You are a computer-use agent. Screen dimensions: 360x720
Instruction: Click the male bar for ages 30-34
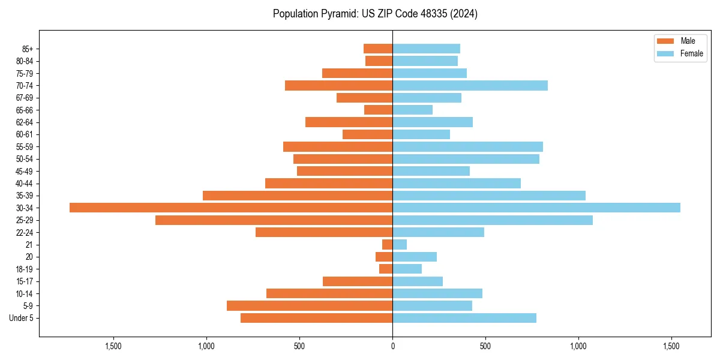pos(231,208)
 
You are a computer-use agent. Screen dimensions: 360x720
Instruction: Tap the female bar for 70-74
pos(470,85)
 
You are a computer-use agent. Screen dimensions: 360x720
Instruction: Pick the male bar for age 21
pos(388,244)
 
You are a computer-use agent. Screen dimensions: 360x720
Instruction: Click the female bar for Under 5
pos(464,318)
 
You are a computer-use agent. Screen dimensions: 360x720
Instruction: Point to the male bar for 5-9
pos(310,305)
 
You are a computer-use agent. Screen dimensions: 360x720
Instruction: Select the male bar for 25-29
pos(274,220)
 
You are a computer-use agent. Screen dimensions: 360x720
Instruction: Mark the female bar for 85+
pos(426,49)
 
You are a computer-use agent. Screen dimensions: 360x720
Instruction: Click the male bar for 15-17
pos(358,281)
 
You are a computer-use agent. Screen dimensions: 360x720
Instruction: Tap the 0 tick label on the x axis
pos(392,346)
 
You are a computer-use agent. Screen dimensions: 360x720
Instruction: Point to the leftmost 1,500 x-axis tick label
pos(113,346)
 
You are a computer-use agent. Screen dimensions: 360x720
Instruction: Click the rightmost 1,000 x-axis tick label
pos(578,346)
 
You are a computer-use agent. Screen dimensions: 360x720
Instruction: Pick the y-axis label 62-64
pos(25,122)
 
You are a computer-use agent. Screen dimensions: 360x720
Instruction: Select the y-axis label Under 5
pos(21,318)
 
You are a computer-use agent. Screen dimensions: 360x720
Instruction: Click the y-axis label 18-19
pos(25,269)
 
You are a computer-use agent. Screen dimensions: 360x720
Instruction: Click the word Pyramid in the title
pos(337,14)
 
